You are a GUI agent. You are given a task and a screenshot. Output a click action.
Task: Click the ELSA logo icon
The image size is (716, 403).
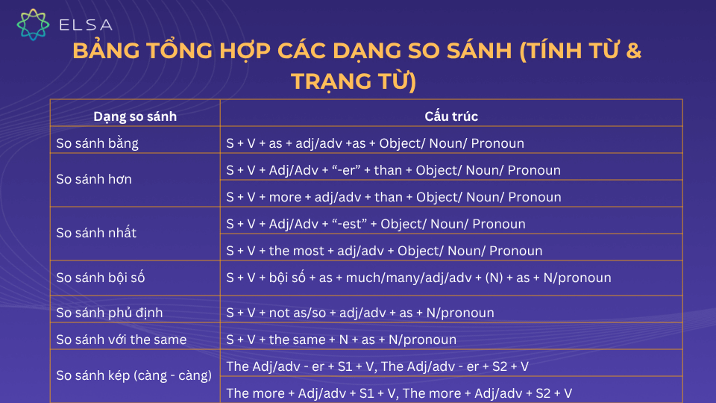(x=34, y=24)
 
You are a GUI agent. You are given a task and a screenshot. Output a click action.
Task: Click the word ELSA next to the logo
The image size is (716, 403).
(x=85, y=25)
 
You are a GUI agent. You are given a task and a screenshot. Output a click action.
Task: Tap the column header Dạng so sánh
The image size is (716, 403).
(x=135, y=116)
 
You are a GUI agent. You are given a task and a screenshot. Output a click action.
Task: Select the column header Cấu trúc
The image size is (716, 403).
(x=451, y=116)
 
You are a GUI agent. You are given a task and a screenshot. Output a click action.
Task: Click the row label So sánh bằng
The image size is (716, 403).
(x=98, y=143)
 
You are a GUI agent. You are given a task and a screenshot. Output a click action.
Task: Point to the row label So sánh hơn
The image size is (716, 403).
(x=94, y=179)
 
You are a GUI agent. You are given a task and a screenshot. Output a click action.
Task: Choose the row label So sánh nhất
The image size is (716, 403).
(x=96, y=232)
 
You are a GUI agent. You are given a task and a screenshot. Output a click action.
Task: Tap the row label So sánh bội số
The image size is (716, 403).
(x=101, y=278)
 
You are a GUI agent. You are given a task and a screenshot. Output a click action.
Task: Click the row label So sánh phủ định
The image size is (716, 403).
(x=109, y=313)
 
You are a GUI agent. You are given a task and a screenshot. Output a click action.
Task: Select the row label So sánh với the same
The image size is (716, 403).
(x=122, y=340)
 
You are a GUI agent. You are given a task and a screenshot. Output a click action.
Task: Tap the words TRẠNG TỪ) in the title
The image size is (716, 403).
(x=353, y=81)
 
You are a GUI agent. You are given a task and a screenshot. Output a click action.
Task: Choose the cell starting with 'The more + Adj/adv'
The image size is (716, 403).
(x=399, y=393)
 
